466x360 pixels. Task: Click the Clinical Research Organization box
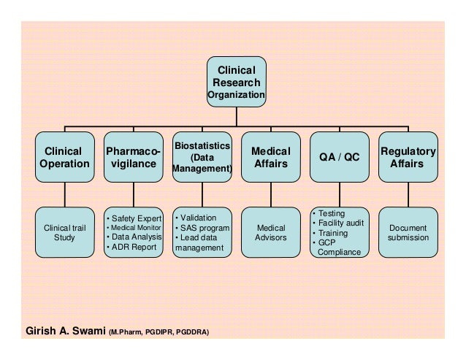point(236,81)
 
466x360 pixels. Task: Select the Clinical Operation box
point(64,157)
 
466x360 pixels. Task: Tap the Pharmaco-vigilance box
point(133,157)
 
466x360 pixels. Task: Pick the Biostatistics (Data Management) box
point(202,157)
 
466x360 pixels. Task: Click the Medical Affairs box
point(270,157)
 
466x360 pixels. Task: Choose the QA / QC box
point(339,157)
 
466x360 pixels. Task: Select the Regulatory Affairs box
point(408,157)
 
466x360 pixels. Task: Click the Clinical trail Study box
point(64,232)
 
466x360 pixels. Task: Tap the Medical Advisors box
point(270,232)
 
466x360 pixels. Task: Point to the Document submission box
point(408,232)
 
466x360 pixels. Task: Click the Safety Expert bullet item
point(136,218)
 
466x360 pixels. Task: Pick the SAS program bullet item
point(205,228)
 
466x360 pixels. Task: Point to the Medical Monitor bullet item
point(136,227)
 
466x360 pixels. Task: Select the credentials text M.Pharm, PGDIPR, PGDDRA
point(159,332)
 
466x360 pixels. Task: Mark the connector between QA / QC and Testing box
point(339,194)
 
